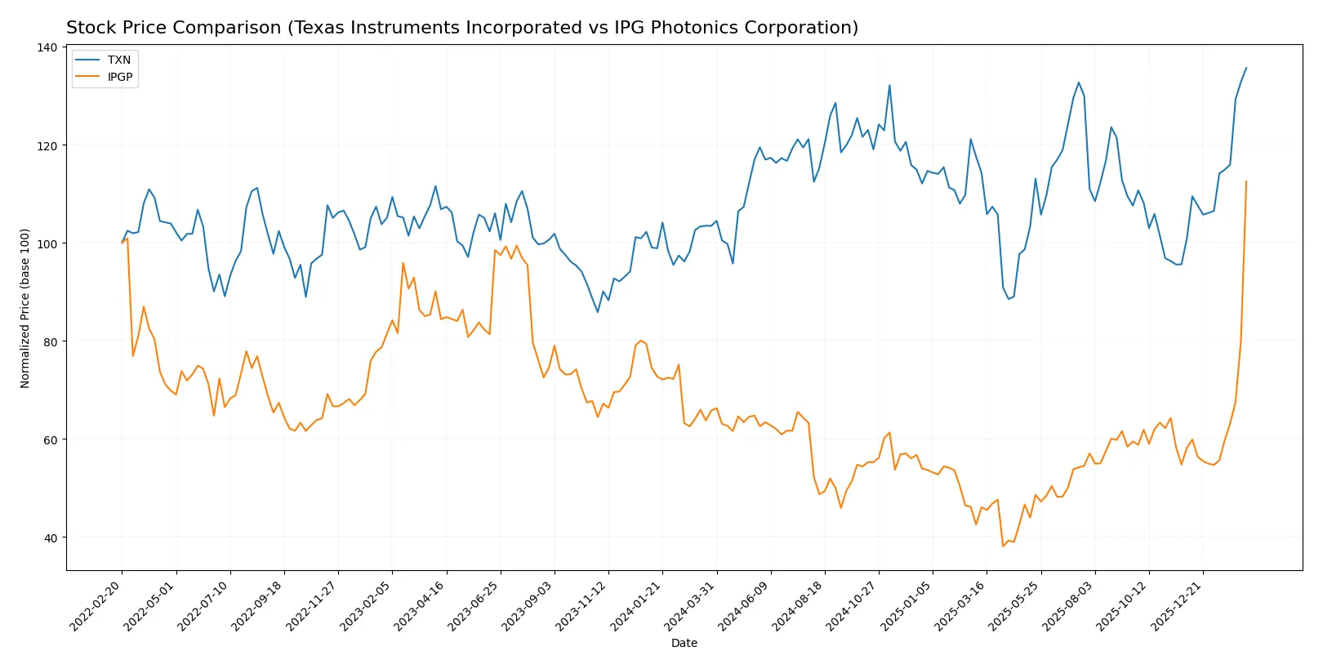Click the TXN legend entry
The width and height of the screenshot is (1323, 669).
118,60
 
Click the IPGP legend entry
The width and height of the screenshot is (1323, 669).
120,77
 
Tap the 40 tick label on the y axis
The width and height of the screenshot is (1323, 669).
51,537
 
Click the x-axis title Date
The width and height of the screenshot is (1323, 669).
684,643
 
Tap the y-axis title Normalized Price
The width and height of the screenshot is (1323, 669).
25,308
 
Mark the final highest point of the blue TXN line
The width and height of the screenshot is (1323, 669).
1246,68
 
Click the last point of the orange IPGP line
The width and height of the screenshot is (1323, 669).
1246,181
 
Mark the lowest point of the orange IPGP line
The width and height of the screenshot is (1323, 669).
1003,546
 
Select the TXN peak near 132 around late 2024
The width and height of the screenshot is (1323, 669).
889,85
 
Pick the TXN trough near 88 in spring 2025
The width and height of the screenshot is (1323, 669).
1009,299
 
